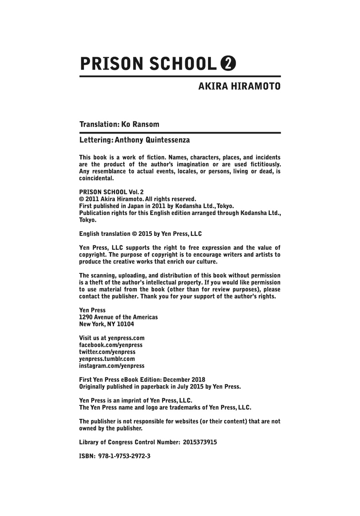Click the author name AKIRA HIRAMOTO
[239, 86]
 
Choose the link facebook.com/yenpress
[111, 345]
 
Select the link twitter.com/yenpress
[107, 352]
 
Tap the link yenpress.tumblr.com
[107, 359]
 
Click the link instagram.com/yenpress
[112, 366]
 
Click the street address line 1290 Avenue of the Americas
[118, 317]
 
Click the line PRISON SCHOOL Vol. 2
[106, 192]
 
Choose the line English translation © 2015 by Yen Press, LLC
[140, 234]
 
